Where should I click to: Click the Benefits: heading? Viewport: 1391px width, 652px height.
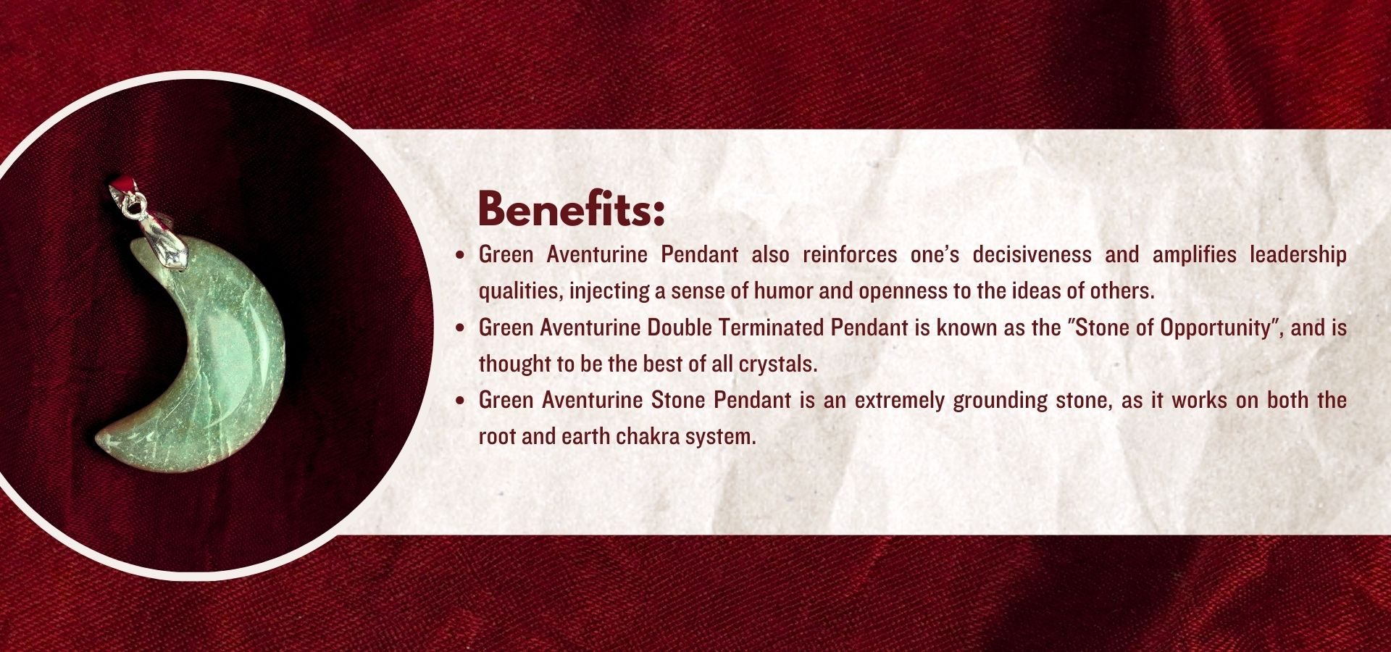click(x=571, y=209)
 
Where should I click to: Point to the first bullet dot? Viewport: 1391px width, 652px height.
click(x=460, y=255)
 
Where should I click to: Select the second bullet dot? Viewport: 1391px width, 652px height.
click(x=460, y=328)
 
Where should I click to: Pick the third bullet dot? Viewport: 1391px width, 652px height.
click(x=460, y=401)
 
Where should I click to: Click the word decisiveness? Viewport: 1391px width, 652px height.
click(x=1032, y=254)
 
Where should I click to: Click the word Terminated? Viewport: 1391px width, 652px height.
click(x=771, y=327)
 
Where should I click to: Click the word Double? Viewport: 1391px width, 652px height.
click(x=680, y=327)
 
